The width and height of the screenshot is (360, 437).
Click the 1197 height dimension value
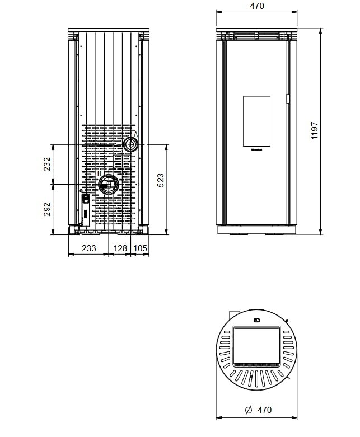315,130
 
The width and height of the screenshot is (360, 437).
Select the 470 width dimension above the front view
256,6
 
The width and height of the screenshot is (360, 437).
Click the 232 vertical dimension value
48,163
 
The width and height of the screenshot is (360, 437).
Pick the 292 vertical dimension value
48,209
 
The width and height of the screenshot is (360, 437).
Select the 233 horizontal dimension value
88,248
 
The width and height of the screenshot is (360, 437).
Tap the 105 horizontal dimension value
141,248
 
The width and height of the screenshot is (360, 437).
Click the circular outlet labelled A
130,144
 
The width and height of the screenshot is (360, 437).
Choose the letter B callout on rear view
99,173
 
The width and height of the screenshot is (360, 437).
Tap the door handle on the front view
287,99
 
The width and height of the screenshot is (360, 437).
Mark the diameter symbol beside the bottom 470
248,410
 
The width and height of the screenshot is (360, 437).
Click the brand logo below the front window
256,150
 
